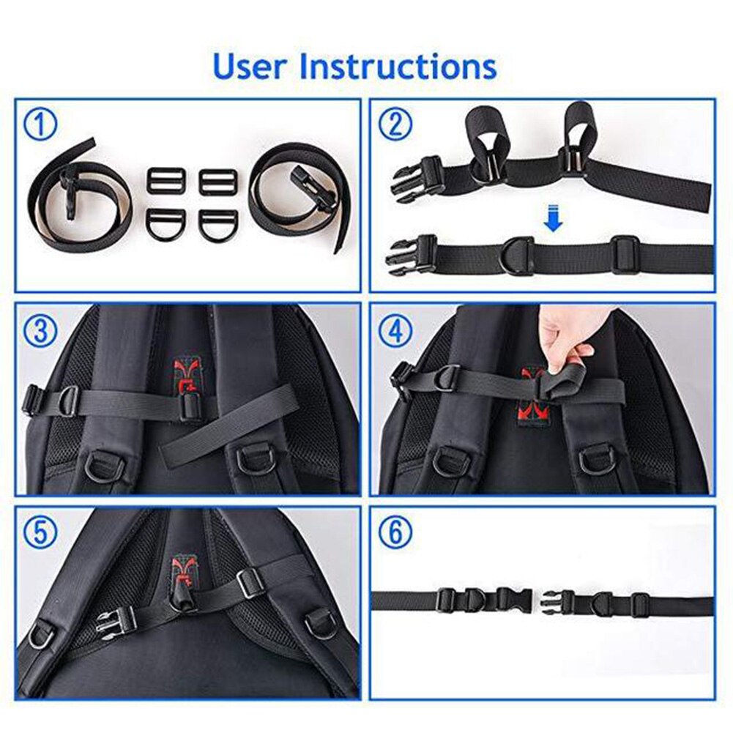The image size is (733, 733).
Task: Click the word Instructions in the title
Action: [x=398, y=65]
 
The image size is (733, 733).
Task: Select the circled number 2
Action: [x=395, y=125]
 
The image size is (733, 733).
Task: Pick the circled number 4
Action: [x=395, y=332]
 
